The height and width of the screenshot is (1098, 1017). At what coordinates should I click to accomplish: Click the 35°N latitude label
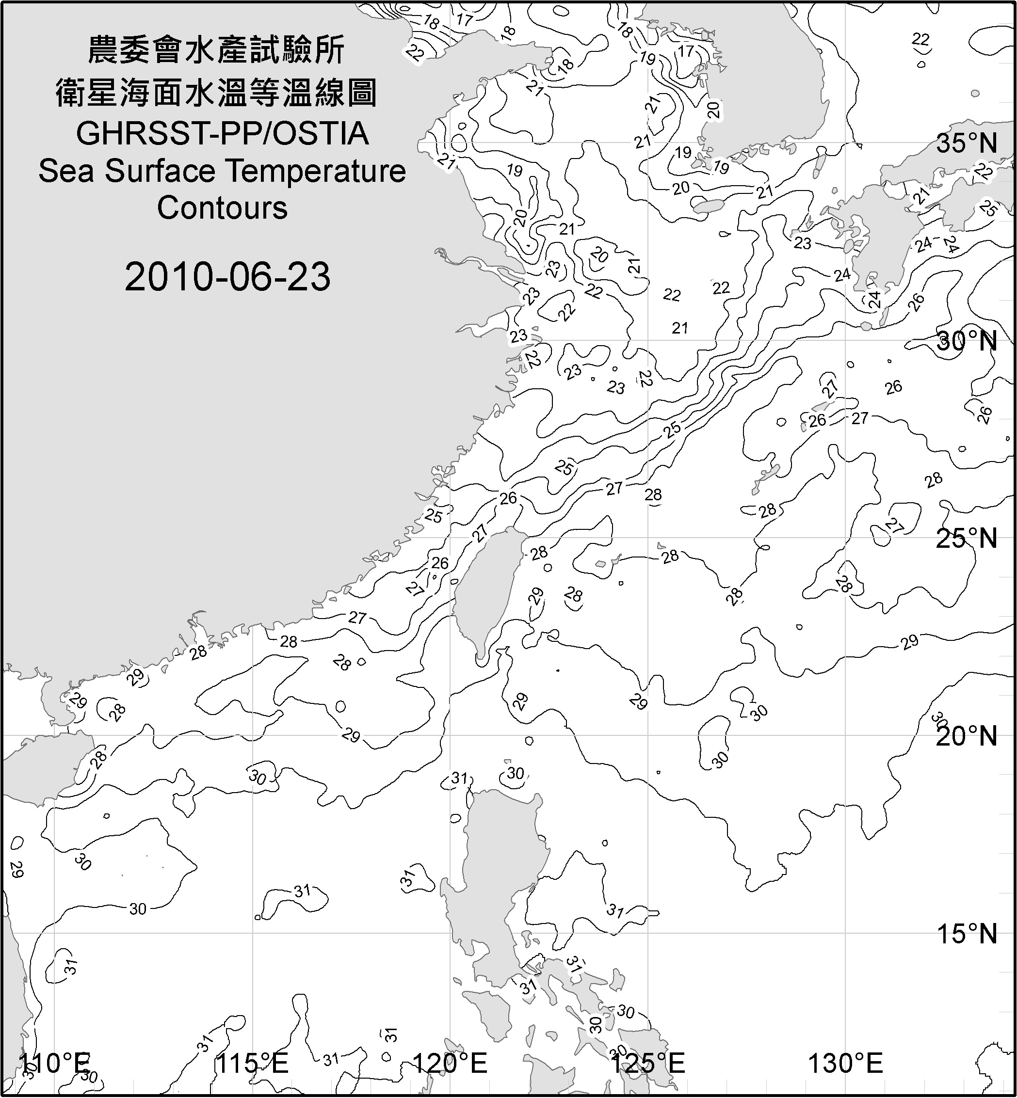pos(967,143)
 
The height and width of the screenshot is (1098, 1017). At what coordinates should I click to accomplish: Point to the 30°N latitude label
pos(967,341)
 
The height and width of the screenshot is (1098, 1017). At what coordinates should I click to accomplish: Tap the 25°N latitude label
pos(967,538)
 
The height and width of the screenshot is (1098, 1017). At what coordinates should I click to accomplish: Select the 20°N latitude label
pos(967,736)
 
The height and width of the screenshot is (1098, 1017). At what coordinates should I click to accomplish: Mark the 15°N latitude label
pos(967,934)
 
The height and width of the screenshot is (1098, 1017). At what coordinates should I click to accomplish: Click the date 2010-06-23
pos(227,277)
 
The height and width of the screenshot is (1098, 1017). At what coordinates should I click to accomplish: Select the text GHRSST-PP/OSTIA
pos(222,134)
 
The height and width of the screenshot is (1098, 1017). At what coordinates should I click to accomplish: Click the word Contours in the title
pos(222,208)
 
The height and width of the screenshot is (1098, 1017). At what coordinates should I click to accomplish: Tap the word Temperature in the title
pos(316,171)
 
